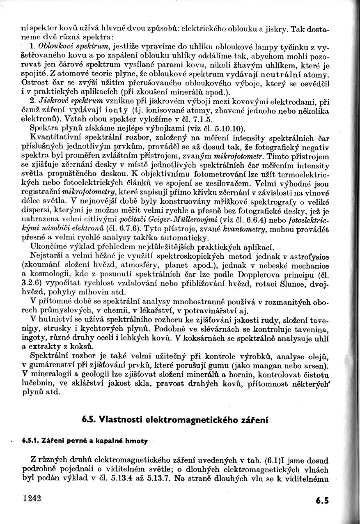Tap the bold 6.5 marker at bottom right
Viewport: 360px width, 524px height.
point(323,500)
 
